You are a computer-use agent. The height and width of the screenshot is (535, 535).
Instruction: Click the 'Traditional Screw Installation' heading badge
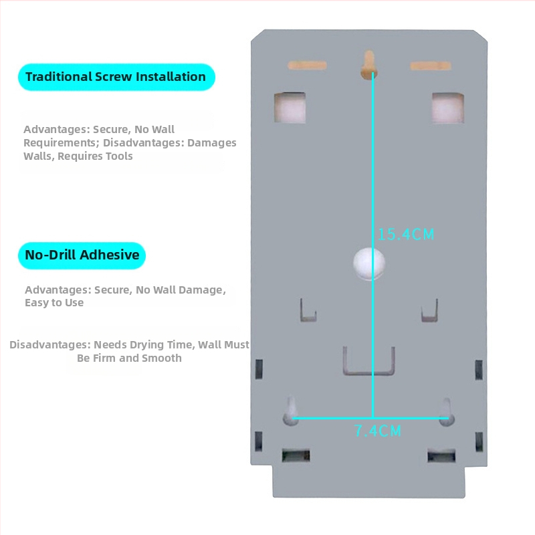(x=116, y=77)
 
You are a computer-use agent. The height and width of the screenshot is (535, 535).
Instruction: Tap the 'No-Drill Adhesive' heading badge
(x=82, y=255)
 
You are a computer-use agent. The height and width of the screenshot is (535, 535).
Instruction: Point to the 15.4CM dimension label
(x=406, y=235)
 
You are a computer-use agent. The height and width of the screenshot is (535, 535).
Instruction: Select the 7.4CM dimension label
(x=377, y=431)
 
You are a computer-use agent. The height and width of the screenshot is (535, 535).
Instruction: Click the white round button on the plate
(x=369, y=263)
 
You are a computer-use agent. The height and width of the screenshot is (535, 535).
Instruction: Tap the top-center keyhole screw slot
(x=368, y=65)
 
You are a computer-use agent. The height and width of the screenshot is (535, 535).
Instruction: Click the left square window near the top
(x=290, y=108)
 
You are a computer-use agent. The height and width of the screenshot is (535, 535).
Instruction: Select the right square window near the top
(x=447, y=108)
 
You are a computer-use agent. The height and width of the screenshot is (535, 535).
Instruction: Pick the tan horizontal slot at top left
(x=307, y=66)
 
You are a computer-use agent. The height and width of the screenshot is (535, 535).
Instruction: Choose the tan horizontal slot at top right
(x=431, y=66)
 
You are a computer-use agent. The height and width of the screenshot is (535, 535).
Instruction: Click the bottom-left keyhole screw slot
(x=291, y=411)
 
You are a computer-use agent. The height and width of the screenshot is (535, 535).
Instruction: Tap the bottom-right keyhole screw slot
(x=446, y=412)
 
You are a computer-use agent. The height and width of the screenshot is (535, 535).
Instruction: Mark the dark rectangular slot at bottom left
(x=296, y=455)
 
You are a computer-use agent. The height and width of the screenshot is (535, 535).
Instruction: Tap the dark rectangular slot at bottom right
(x=441, y=456)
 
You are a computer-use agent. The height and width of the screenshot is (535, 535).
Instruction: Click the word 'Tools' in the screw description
(x=119, y=156)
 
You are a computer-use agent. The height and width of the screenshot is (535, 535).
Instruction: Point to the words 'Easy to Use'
(x=54, y=303)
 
